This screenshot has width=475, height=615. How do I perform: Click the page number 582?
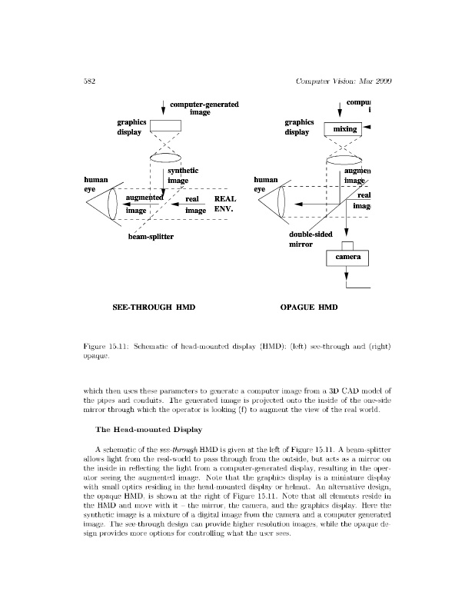[x=88, y=81]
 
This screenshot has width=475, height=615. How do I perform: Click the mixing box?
[x=344, y=129]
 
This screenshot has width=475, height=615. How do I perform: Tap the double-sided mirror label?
[x=310, y=238]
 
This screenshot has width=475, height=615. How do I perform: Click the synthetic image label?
[x=183, y=175]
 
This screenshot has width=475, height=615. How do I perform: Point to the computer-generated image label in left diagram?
[x=204, y=108]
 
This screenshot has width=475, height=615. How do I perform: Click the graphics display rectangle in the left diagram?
[x=164, y=126]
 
